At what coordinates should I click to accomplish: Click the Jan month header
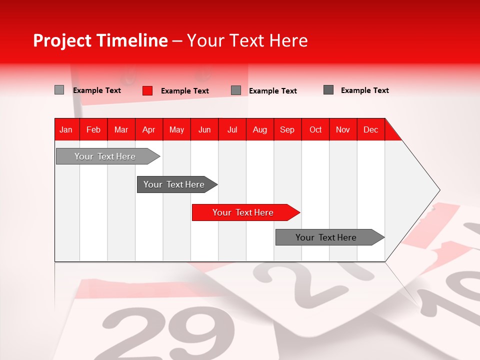click(x=66, y=129)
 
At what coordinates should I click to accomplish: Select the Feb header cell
click(x=93, y=129)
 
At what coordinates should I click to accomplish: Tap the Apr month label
click(x=149, y=129)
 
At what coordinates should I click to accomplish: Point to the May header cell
click(x=176, y=129)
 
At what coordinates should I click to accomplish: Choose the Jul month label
click(x=232, y=129)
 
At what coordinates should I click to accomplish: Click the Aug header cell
click(x=260, y=129)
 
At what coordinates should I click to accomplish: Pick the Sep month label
click(x=287, y=129)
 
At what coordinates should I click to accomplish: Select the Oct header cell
click(x=315, y=129)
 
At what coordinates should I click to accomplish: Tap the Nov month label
click(x=343, y=129)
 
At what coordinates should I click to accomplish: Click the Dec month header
click(x=371, y=129)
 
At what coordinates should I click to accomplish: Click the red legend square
click(x=147, y=90)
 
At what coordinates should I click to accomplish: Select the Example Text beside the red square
click(x=185, y=91)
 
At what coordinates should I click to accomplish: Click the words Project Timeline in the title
click(x=100, y=40)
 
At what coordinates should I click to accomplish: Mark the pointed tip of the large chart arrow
click(x=439, y=190)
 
